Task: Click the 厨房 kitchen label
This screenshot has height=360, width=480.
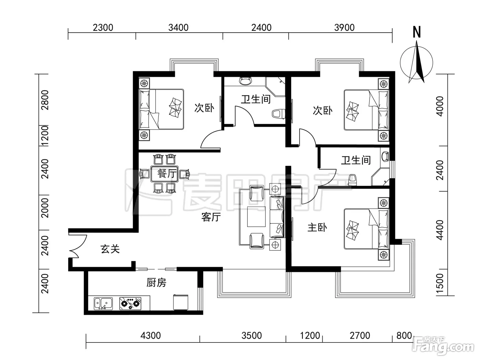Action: (156, 283)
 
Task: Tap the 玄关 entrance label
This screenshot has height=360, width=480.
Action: (110, 249)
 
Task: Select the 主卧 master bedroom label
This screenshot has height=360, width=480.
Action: (317, 228)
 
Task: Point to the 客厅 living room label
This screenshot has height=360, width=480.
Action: (211, 217)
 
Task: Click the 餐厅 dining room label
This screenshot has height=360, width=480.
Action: (167, 174)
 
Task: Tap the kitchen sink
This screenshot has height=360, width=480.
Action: (104, 304)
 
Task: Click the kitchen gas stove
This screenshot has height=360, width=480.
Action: (130, 304)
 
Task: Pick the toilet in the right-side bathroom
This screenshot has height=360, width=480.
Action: (352, 179)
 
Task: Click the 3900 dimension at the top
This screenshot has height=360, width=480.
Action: (344, 28)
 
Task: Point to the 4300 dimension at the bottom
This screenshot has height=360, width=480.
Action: (151, 336)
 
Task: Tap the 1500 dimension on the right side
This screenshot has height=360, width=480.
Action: (440, 284)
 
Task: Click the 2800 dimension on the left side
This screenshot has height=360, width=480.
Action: (46, 100)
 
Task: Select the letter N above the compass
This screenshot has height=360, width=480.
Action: (417, 32)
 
